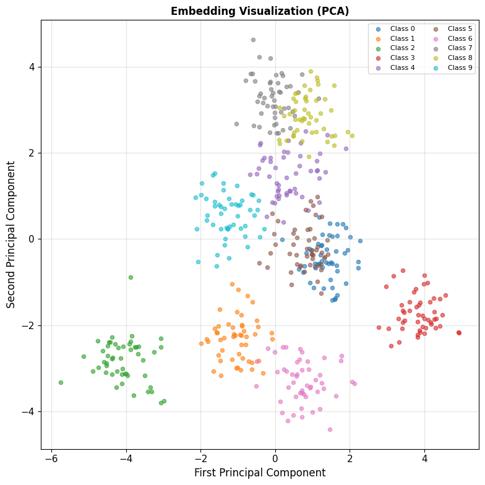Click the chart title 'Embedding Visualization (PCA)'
pyautogui.click(x=260, y=11)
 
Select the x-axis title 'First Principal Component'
pyautogui.click(x=260, y=473)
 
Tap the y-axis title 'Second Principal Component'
pyautogui.click(x=11, y=234)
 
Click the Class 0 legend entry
pyautogui.click(x=395, y=28)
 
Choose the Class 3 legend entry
pyautogui.click(x=395, y=58)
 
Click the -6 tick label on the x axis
pyautogui.click(x=52, y=458)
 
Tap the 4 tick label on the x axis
pyautogui.click(x=424, y=458)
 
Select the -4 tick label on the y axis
pyautogui.click(x=29, y=412)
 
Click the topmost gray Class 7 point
pyautogui.click(x=254, y=40)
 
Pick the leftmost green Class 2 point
pyautogui.click(x=61, y=382)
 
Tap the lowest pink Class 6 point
pyautogui.click(x=330, y=429)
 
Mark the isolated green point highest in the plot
pyautogui.click(x=131, y=277)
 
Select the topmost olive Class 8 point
pyautogui.click(x=311, y=72)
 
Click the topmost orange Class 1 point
pyautogui.click(x=233, y=285)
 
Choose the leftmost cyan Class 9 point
pyautogui.click(x=195, y=198)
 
